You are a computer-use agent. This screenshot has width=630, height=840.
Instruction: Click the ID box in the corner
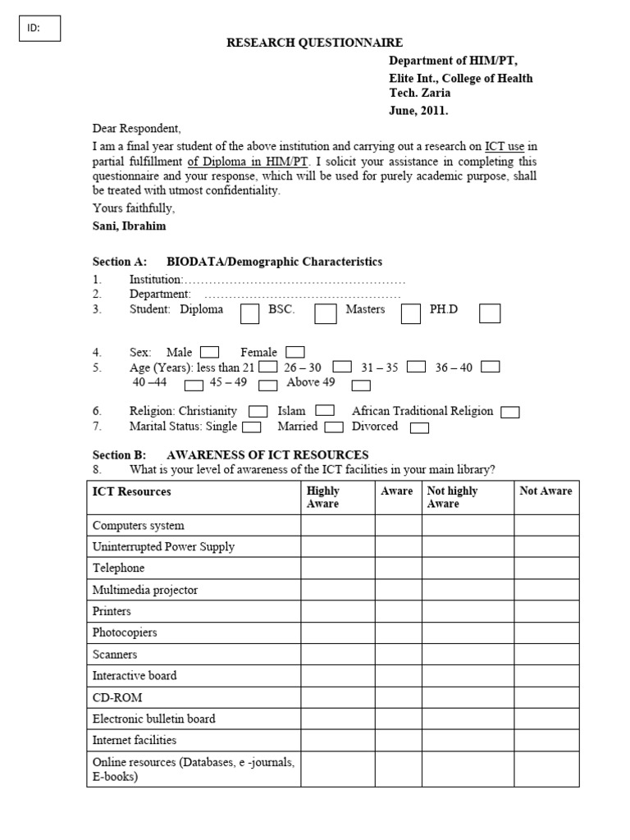tap(39, 28)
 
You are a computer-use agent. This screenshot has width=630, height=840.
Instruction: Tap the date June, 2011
tap(418, 110)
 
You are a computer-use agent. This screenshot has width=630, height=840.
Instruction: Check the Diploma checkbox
tap(250, 313)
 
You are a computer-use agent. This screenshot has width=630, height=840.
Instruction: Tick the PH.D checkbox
tap(490, 313)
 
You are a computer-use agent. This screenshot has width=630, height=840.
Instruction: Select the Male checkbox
tap(209, 352)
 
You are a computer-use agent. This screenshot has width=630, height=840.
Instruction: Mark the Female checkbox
tap(295, 352)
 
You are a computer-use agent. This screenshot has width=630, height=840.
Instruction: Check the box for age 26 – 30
tap(343, 367)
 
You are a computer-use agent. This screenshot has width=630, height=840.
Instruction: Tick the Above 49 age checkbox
tap(361, 385)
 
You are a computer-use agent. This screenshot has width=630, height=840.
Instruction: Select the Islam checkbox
tap(325, 411)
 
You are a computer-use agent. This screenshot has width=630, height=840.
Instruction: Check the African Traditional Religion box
tap(509, 412)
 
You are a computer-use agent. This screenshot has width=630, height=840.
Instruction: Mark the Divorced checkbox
tap(419, 427)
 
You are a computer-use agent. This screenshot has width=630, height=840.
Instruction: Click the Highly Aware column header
tap(338, 497)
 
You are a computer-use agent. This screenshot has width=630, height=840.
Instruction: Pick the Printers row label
tap(112, 611)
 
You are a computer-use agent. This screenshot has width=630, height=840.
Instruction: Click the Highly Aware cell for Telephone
tap(338, 568)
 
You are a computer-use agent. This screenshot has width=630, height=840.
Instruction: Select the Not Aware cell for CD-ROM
tap(546, 697)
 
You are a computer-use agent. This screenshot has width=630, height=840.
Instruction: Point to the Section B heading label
tap(112, 454)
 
